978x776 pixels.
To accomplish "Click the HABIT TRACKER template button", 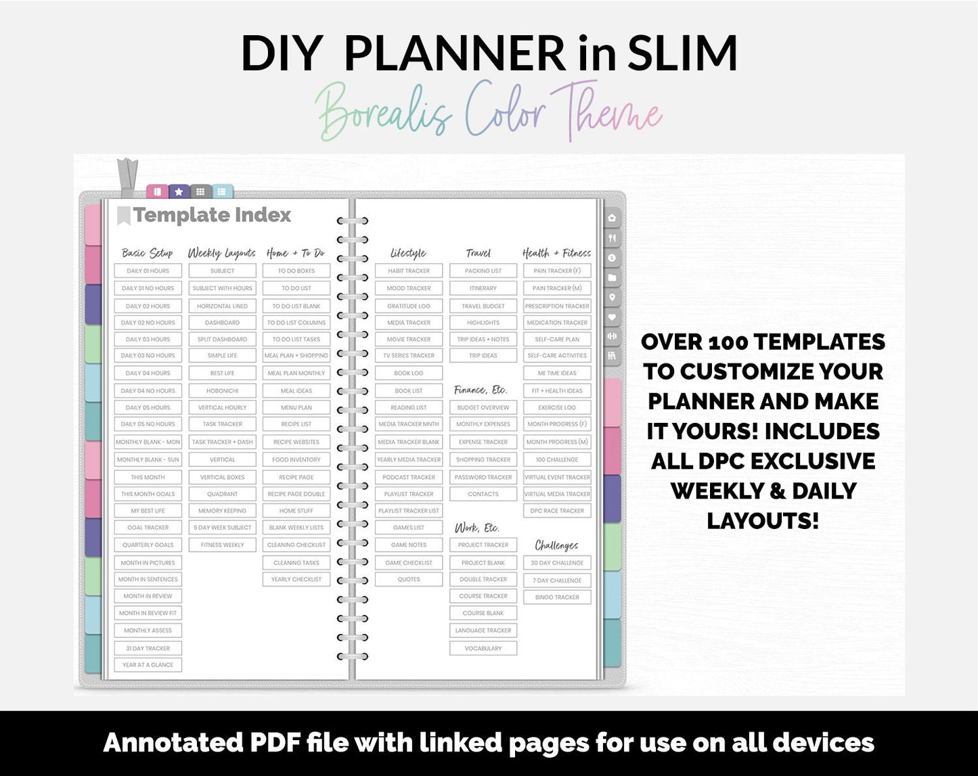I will pos(409,271).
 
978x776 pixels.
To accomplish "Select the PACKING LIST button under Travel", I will pos(483,271).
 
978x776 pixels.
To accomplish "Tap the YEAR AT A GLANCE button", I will pos(148,665).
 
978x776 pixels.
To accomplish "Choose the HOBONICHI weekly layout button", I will pos(223,390).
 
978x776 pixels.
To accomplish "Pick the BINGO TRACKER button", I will pos(557,597).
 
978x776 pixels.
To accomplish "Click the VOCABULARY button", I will pos(483,648).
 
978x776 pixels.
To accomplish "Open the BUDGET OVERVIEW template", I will pos(483,408).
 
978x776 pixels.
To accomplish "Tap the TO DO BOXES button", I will pos(296,271).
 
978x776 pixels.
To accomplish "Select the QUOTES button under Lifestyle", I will pos(409,580).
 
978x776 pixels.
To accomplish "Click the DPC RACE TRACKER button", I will pos(557,511).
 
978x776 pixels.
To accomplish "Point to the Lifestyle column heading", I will pos(408,253).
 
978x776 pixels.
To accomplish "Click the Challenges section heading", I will pos(556,545).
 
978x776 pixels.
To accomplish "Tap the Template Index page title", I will pos(212,215).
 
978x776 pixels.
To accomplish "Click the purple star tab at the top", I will pos(179,192).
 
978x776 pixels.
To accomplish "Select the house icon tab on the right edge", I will pos(612,218).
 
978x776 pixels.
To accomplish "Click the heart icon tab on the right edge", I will pos(612,317).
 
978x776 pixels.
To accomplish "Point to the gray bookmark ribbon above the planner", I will pos(127,177).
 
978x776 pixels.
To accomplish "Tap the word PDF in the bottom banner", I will pos(275,743).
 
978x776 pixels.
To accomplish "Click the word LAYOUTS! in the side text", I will pos(763,521).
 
